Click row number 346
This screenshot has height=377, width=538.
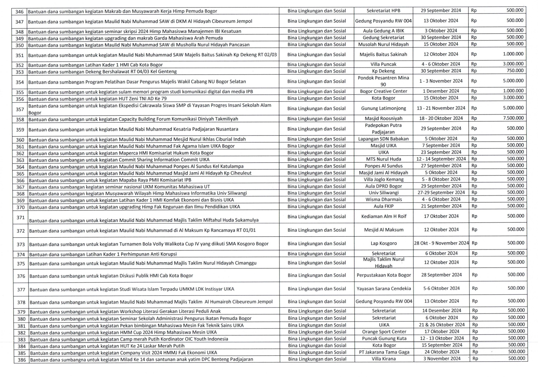point(19,11)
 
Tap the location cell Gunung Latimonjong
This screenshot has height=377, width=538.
point(383,108)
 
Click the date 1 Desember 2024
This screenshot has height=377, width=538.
point(441,91)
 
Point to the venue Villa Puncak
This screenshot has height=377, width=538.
point(383,64)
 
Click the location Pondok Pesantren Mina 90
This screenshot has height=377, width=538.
point(383,81)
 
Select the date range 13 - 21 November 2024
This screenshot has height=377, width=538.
point(441,108)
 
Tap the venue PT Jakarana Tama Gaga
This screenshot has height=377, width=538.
point(384,352)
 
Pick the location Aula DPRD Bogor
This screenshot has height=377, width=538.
point(383,186)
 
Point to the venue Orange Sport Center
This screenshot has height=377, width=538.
point(384,332)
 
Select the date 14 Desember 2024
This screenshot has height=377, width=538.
point(441,311)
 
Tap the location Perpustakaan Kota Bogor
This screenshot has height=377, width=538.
point(384,275)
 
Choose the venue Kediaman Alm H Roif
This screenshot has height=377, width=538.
point(383,216)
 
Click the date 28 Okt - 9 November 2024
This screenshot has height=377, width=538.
point(441,243)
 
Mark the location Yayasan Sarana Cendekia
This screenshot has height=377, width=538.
point(384,289)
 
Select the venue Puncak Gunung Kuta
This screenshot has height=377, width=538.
point(384,339)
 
